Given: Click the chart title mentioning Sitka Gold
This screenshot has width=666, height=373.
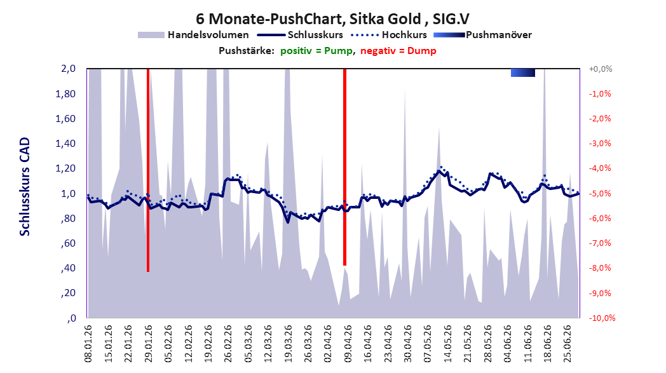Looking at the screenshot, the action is [x=332, y=19].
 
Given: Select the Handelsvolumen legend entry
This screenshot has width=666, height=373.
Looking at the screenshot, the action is [x=193, y=35].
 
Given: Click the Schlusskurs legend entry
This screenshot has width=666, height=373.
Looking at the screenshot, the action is [x=301, y=35].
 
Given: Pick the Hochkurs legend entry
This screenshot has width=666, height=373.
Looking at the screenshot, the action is [x=389, y=35].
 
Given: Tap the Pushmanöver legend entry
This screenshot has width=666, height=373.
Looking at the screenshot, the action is [x=482, y=35].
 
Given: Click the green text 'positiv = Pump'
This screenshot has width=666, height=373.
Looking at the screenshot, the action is [x=316, y=51].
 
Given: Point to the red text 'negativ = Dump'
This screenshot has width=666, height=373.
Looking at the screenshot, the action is [x=398, y=51].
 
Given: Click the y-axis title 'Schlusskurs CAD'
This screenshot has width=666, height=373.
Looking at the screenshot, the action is [x=25, y=187].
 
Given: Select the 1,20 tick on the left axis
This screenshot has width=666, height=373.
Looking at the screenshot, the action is [x=65, y=168].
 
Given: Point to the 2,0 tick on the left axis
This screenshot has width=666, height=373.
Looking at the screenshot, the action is [x=68, y=69].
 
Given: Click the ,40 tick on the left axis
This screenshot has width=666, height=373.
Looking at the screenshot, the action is [x=68, y=268].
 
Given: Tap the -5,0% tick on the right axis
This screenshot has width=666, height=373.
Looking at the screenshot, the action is [x=600, y=194].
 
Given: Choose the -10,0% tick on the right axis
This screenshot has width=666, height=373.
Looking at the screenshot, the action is [x=602, y=318].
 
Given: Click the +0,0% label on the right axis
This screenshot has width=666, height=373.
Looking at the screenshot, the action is [x=601, y=69].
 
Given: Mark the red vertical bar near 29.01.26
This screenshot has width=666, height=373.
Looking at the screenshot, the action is [x=148, y=170].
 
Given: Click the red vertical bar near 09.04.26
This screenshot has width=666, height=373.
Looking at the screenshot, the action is [x=345, y=167].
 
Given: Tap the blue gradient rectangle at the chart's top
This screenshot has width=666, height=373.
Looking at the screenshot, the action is [x=523, y=72].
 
